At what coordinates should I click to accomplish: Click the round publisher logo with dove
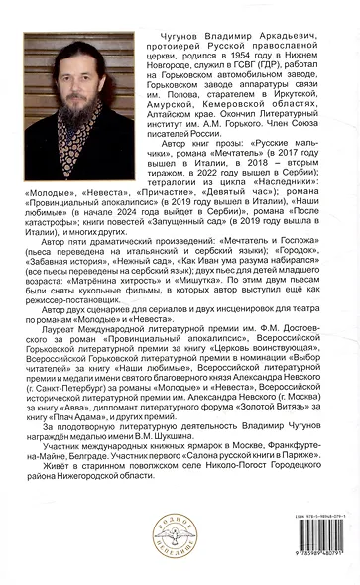[180, 536]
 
